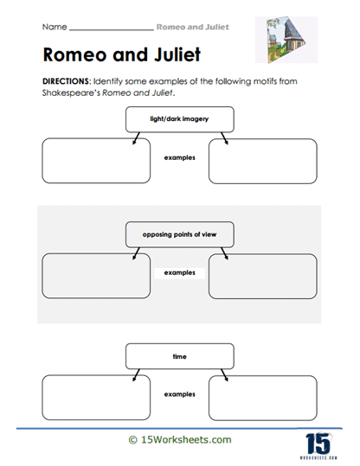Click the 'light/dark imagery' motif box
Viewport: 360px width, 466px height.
[x=179, y=118]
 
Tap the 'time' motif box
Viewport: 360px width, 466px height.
[x=179, y=354]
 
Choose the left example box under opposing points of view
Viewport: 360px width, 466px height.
[x=96, y=277]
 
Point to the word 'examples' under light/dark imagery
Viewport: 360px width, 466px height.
[x=179, y=159]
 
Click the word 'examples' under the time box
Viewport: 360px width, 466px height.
[x=179, y=394]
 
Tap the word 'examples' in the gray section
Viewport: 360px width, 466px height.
[x=180, y=272]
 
